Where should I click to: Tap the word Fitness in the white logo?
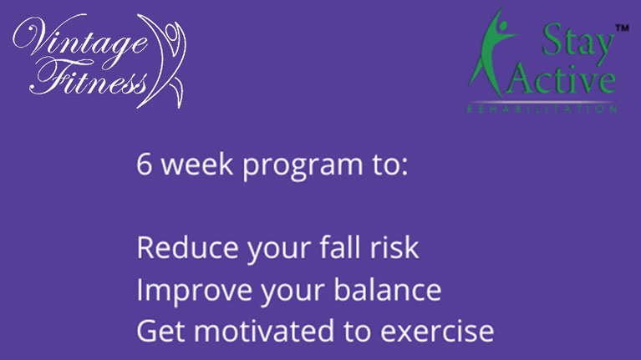(88, 78)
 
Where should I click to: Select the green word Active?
(562, 79)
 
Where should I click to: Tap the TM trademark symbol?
(622, 28)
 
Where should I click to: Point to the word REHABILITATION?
(542, 109)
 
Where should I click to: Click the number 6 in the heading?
(145, 165)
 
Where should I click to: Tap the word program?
(303, 167)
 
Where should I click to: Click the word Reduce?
(187, 247)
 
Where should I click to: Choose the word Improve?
(194, 292)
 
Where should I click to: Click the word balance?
(388, 290)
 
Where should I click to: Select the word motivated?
(264, 331)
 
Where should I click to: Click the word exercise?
(437, 332)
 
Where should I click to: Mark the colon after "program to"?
(404, 168)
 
